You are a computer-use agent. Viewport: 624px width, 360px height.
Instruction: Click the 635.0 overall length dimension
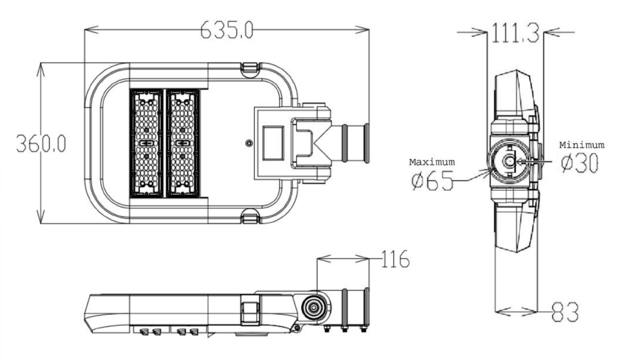point(227,30)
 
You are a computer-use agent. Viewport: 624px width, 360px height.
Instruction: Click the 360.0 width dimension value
point(41,143)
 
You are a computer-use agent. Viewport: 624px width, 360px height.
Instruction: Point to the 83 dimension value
point(565,311)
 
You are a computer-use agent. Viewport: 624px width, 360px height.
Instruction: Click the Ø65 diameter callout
point(432,181)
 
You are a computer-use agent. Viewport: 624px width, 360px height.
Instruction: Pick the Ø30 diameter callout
point(580,164)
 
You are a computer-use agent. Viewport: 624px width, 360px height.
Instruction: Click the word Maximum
point(432,162)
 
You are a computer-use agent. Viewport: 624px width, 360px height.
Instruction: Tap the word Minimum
point(582,145)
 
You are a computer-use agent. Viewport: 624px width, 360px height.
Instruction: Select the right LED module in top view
point(183,143)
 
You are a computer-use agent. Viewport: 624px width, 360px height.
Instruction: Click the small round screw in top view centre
point(248,143)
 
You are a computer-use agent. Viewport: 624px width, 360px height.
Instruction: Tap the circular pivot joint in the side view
point(314,307)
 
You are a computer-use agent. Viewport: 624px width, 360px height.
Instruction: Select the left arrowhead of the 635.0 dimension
point(87,30)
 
